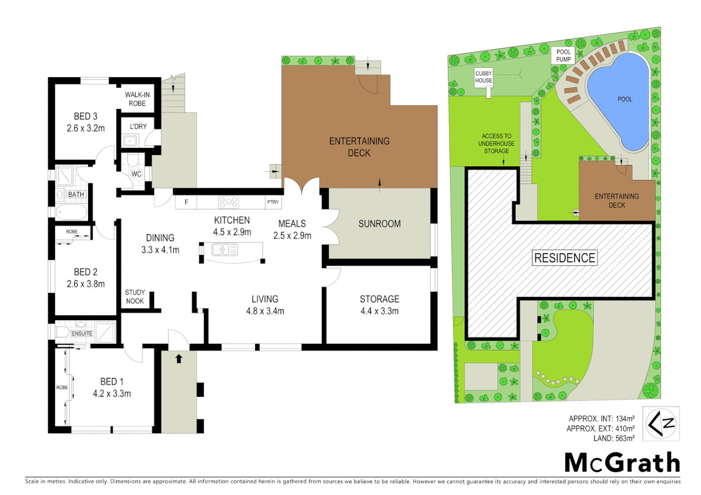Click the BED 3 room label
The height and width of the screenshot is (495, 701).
(x=85, y=116)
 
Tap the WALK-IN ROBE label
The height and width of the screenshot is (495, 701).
(x=137, y=99)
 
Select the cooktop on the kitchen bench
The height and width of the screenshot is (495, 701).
(x=228, y=202)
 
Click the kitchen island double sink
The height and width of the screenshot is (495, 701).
(x=224, y=249)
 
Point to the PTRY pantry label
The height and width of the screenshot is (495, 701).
(x=273, y=202)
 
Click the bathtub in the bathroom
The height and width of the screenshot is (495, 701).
(x=72, y=213)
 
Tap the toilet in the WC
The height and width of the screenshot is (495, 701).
(x=133, y=160)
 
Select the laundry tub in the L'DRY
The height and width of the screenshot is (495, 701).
(x=130, y=141)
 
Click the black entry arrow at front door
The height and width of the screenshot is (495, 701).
(x=179, y=358)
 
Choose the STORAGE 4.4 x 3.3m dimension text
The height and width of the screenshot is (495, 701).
(x=379, y=311)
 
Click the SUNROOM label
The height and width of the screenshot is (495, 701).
(x=379, y=224)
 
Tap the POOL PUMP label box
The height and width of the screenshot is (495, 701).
(x=563, y=55)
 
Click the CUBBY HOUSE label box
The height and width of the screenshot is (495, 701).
(x=484, y=77)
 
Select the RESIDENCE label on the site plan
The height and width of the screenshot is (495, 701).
(x=565, y=258)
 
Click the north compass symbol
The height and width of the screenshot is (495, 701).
(x=661, y=423)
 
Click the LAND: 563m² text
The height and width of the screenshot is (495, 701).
(x=614, y=439)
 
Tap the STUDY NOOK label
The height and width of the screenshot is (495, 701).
(x=135, y=297)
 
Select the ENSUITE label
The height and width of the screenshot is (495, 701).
(x=82, y=334)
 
